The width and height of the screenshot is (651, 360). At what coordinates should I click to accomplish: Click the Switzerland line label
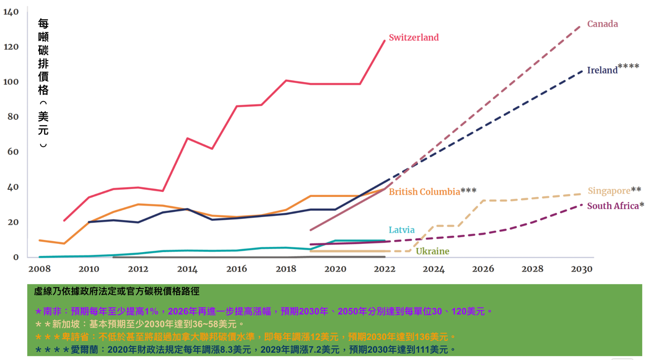414,38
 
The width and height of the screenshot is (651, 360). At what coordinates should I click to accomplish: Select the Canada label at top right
602,24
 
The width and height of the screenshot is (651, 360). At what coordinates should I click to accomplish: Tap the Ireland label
602,70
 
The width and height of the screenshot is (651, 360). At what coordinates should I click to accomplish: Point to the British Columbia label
424,192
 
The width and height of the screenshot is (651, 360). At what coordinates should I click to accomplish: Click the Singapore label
609,190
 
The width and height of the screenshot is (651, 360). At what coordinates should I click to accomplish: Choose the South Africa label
613,206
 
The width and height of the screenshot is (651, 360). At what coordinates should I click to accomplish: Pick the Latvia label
401,230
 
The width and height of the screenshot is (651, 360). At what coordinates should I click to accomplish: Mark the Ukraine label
432,251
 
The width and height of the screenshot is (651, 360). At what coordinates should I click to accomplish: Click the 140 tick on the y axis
11,12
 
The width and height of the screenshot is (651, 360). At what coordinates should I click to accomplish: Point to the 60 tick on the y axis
13,152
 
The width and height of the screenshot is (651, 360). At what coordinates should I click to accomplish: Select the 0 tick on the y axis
16,257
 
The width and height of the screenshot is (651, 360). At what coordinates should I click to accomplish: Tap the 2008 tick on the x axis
39,269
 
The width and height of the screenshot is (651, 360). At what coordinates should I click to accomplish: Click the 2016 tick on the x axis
236,269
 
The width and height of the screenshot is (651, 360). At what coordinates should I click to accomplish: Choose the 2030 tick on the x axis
581,269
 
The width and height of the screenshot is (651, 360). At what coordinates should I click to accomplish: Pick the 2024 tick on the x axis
434,269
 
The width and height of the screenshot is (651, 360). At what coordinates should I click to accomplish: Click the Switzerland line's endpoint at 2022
385,41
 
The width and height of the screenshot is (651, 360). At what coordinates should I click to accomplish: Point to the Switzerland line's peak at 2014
188,138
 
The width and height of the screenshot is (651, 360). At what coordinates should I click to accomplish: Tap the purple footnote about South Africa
264,311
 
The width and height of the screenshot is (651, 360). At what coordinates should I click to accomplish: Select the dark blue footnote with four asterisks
245,350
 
